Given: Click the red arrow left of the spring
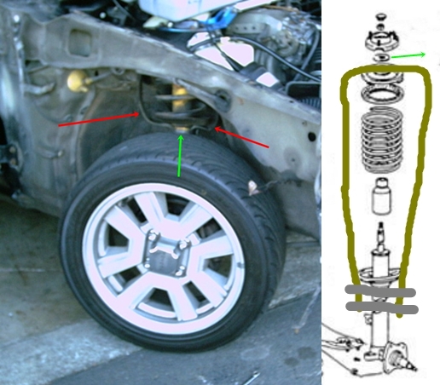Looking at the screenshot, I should click(x=98, y=119).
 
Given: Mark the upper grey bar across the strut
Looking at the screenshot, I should click(x=379, y=293).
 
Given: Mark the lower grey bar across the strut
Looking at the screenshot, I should click(x=379, y=312).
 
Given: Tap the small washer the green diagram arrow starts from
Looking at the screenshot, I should click(x=379, y=57).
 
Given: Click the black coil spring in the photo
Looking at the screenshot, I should click(x=153, y=102).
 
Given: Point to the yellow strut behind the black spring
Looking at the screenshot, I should click(x=179, y=98).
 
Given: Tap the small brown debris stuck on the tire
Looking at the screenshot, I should click(x=252, y=192).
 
